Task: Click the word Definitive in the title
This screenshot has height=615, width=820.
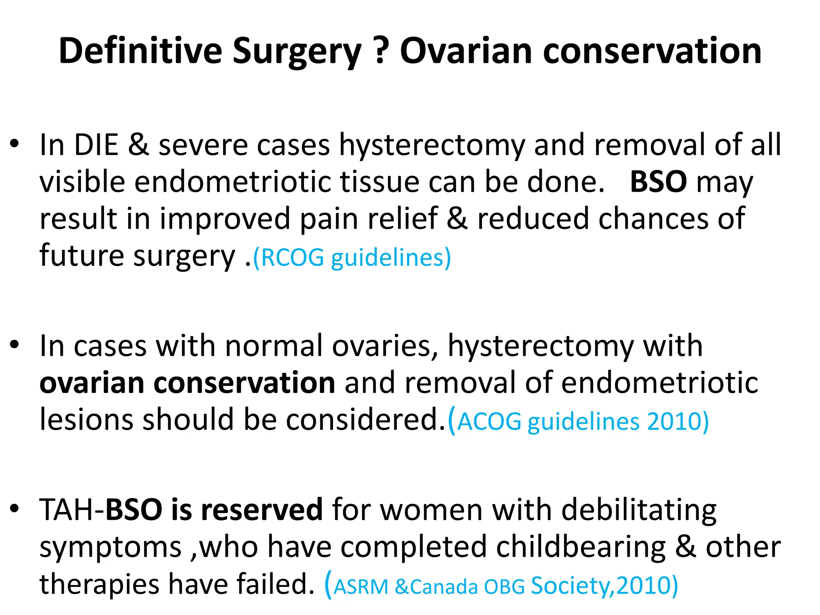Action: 140,51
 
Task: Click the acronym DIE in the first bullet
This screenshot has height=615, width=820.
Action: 96,145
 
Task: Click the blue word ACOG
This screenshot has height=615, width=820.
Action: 489,422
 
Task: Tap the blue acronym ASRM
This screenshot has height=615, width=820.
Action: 361,587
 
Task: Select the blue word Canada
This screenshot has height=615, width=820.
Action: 444,587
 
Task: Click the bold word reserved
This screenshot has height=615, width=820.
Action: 262,510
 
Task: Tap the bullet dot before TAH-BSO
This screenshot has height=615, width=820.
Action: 15,508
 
